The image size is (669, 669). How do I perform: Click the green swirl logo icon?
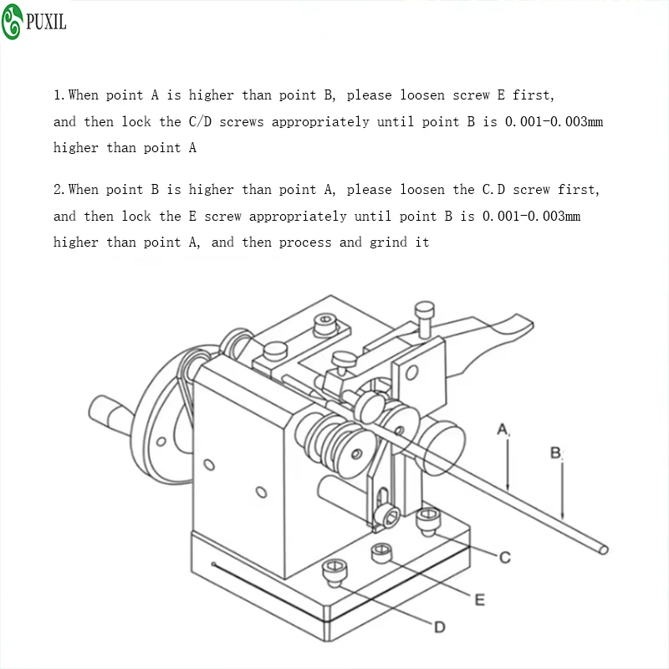point(12,22)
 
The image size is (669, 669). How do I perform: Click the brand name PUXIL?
point(46,22)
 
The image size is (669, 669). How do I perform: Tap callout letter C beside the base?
point(505,557)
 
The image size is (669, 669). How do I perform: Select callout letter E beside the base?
point(479,600)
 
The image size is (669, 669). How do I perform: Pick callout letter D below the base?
point(440,627)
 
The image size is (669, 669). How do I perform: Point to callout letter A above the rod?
point(503,429)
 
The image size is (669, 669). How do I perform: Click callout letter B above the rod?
point(555,452)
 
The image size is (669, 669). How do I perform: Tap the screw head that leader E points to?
point(381,553)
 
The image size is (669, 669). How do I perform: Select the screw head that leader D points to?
point(334,572)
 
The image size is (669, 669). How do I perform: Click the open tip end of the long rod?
point(603,550)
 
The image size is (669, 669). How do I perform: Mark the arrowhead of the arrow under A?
point(508,488)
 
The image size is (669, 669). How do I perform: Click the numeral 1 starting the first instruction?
point(59,95)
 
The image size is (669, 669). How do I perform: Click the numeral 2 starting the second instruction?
point(59,190)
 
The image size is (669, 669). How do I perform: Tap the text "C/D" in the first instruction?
point(200,121)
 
